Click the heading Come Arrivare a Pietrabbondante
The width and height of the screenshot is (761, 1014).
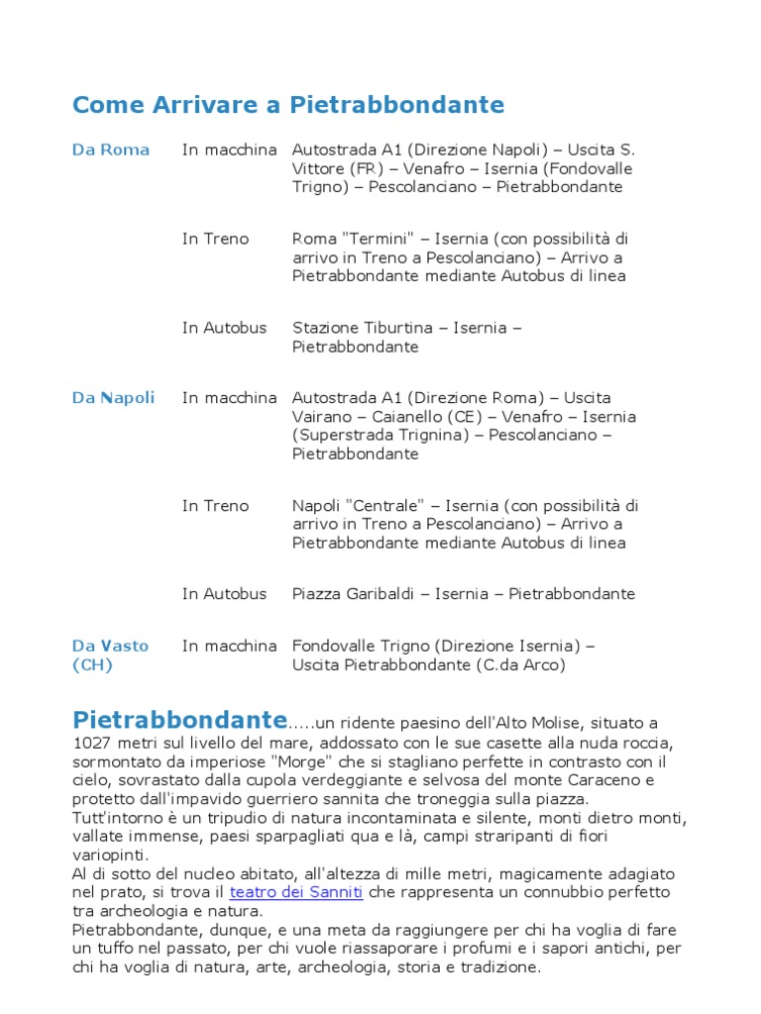pos(288,105)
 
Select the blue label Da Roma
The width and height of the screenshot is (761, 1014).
pos(111,150)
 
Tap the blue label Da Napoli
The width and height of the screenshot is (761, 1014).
pos(114,398)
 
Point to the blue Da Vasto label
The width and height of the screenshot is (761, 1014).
pos(111,647)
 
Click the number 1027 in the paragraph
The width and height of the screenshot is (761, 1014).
pos(92,743)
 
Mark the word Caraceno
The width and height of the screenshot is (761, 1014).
pos(572,780)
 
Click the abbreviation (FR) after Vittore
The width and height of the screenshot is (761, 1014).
pos(360,168)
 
